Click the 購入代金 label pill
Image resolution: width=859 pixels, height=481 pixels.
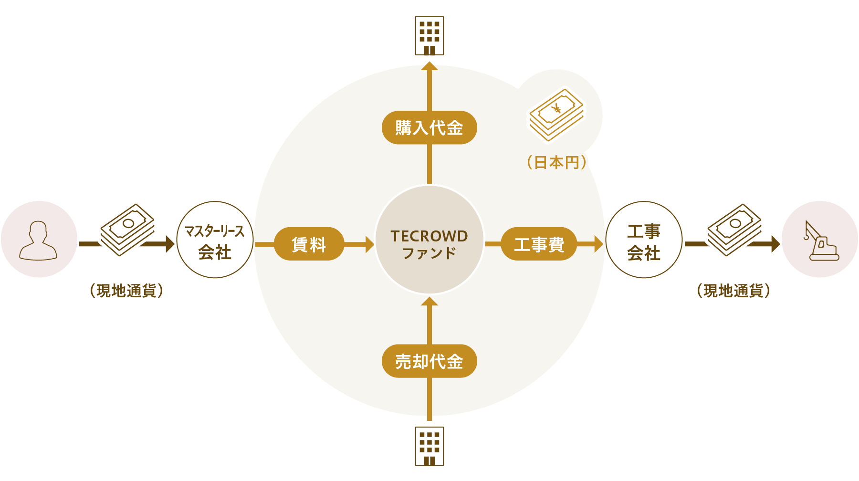429,128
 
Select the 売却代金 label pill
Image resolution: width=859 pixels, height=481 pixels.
429,361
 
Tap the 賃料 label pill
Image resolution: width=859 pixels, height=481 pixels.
309,244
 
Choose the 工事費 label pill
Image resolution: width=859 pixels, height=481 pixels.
539,244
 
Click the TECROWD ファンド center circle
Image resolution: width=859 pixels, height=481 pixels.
429,240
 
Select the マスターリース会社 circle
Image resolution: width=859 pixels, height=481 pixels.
215,240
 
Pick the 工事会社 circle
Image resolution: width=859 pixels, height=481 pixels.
644,240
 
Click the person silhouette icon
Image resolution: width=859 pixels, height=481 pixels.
38,240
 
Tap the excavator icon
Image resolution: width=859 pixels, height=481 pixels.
821,241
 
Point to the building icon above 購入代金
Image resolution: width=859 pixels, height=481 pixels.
429,36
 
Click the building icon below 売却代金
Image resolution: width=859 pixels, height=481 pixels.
429,446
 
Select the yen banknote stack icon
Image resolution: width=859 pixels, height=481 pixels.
556,115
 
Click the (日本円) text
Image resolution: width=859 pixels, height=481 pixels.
556,163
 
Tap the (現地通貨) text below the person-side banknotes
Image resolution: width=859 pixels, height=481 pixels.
126,290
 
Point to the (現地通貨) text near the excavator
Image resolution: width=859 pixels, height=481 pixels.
733,290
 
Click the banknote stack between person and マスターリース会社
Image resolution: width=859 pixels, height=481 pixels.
127,230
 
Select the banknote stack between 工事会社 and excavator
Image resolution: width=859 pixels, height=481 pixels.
734,230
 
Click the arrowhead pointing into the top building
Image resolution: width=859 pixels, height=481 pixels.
429,65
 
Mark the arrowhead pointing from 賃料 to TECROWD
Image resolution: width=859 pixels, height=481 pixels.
369,244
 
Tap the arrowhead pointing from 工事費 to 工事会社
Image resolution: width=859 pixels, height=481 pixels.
599,244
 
